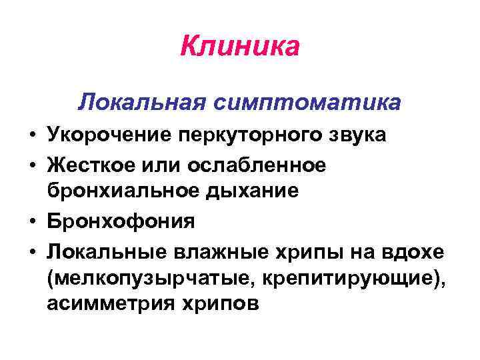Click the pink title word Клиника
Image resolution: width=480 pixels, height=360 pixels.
point(240,47)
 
